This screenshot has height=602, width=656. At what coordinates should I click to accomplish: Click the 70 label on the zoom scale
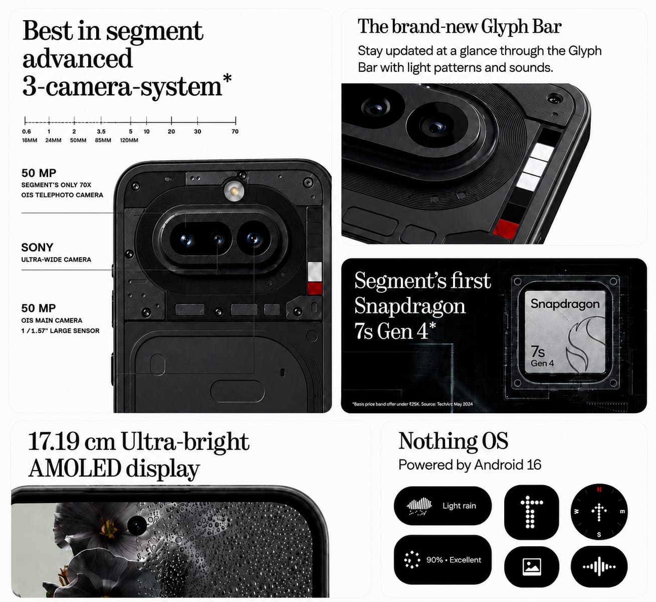[235, 131]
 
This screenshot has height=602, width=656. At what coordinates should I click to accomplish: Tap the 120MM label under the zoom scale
[129, 140]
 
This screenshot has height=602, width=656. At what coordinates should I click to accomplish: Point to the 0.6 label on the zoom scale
[27, 131]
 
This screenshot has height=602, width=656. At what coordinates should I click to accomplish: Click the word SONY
[37, 247]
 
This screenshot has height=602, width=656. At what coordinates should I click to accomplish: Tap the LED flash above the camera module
[234, 190]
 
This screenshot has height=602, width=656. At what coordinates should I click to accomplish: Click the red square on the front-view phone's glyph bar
[315, 289]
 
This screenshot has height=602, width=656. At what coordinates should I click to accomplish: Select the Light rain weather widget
[443, 505]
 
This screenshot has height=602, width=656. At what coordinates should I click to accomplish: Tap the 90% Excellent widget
[443, 559]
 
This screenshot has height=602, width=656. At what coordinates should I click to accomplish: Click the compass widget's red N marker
[599, 490]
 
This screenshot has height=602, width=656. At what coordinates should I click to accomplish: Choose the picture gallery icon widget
[531, 566]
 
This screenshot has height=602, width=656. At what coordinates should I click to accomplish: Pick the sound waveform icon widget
[599, 566]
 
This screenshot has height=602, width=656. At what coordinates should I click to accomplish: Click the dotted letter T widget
[531, 512]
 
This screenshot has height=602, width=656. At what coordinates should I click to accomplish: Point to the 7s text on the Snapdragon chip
[538, 351]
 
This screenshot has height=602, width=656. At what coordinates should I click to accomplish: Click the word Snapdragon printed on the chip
[565, 304]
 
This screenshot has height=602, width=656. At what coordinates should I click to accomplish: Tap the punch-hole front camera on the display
[137, 526]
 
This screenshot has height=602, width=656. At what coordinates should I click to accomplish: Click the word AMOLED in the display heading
[75, 468]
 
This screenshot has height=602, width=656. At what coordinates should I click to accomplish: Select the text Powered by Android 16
[470, 465]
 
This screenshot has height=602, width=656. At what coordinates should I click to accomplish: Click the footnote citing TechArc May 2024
[412, 404]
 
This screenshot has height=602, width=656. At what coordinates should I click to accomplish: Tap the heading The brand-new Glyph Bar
[460, 27]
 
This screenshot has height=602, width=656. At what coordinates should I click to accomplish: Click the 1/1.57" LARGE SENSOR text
[61, 331]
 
